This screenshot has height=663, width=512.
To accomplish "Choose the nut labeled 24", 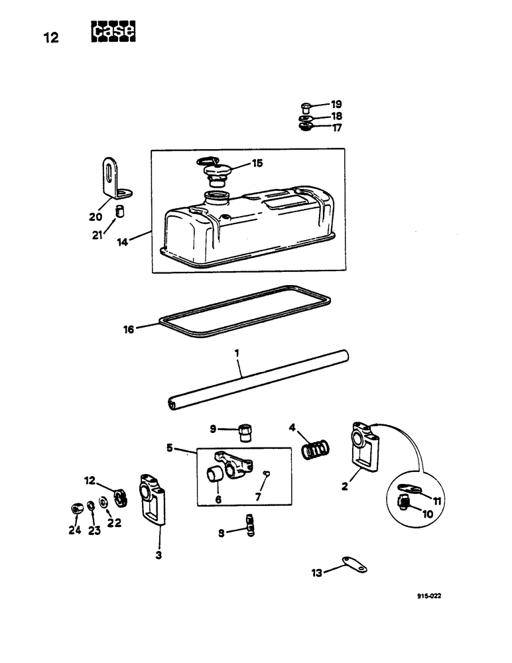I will [75, 509].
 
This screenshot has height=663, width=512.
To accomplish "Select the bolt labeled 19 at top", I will [306, 105].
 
